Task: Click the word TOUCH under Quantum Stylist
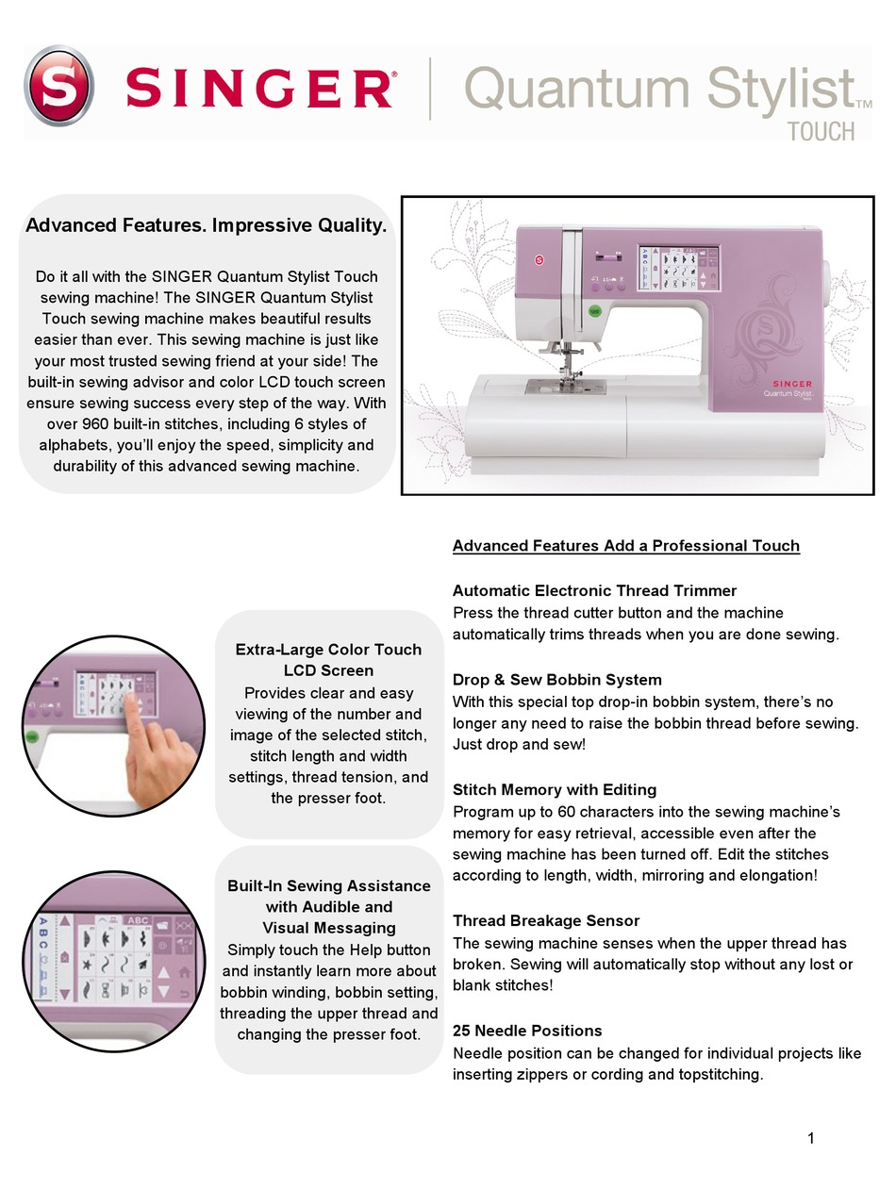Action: click(821, 130)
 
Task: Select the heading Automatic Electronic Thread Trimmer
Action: click(594, 591)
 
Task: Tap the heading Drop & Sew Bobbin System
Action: click(556, 680)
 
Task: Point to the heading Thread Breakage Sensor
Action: click(546, 921)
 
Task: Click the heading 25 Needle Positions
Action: click(527, 1031)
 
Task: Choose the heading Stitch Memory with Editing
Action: click(555, 789)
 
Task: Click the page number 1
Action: click(810, 1138)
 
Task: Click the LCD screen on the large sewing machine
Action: click(678, 267)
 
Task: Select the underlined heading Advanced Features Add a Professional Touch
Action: click(625, 546)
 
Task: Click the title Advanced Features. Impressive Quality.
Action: click(206, 225)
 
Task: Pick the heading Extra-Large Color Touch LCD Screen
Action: click(328, 660)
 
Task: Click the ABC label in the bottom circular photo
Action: click(138, 920)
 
